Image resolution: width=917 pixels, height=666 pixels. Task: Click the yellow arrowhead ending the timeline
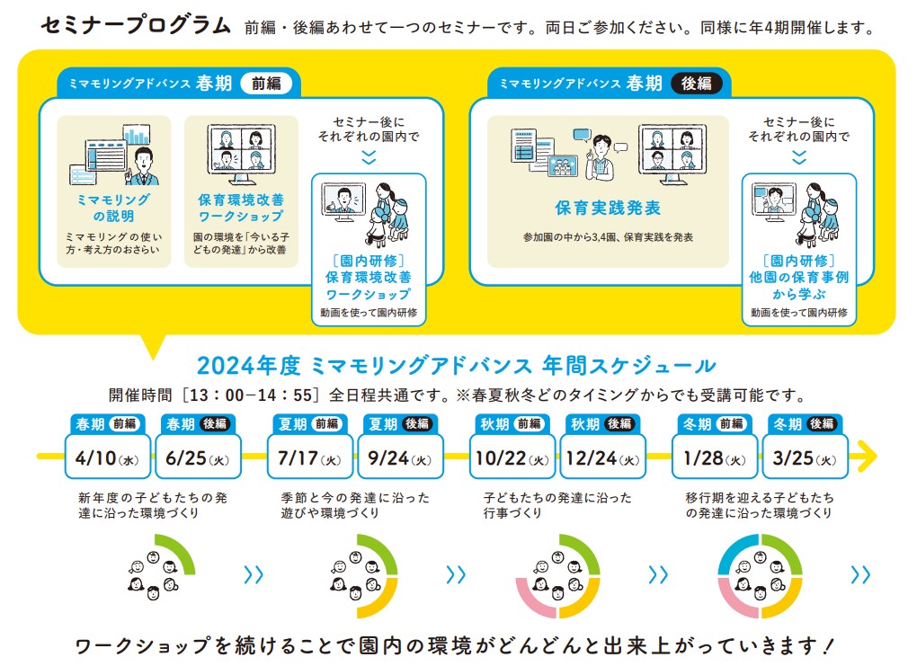868,456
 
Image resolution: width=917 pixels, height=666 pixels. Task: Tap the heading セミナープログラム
136,26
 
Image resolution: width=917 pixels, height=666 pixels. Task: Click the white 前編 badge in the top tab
267,84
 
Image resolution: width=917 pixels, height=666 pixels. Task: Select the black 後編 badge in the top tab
697,84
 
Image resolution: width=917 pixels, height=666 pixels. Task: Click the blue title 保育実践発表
608,208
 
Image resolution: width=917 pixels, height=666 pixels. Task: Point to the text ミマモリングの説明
113,208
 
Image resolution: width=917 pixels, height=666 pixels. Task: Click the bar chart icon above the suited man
137,135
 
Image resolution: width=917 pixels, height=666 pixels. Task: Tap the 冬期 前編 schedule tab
715,424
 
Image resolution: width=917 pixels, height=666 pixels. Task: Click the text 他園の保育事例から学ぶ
799,285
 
